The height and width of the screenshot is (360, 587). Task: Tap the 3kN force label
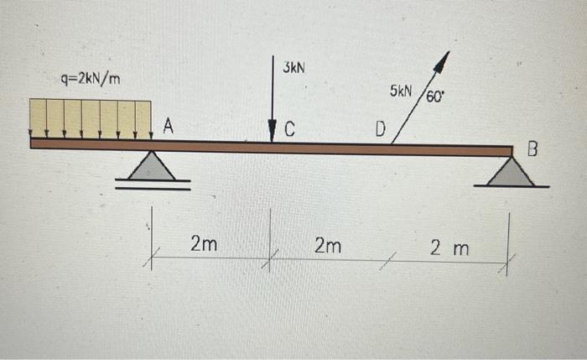(x=293, y=65)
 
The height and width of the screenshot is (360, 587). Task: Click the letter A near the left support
(x=168, y=127)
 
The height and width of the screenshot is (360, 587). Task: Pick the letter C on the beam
(x=289, y=129)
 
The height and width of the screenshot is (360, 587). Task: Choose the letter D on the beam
(x=381, y=130)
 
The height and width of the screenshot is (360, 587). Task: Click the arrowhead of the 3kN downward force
(x=272, y=134)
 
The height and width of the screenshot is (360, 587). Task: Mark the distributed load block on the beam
(x=90, y=118)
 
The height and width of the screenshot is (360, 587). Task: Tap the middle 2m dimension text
(x=328, y=245)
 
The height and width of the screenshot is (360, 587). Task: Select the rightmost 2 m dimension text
(x=450, y=248)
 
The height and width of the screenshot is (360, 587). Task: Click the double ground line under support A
(x=153, y=185)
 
